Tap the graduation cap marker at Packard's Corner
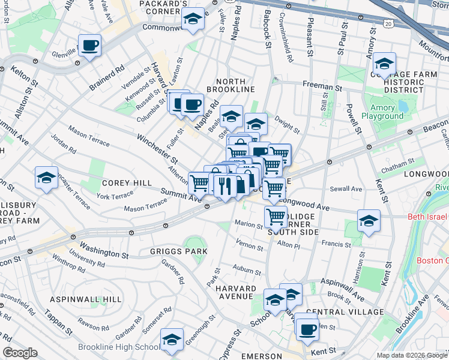pos(193,21)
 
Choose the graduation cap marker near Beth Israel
pos(369,221)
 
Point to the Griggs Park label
pos(179,251)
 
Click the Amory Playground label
pos(382,112)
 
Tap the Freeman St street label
pos(322,87)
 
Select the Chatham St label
pos(394,169)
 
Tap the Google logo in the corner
pos(21,353)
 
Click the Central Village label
pos(344,312)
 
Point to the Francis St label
pos(336,244)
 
